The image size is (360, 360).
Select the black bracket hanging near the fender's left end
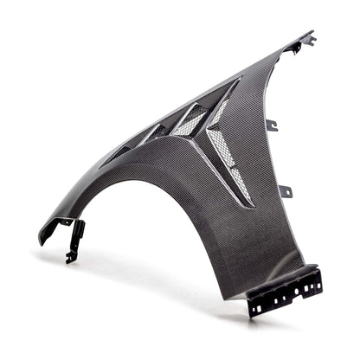pos(76,238)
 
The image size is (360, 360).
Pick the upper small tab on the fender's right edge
pos(271,125)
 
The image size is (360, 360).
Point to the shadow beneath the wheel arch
pos(173,268)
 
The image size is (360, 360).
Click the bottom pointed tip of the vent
pos(250,206)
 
